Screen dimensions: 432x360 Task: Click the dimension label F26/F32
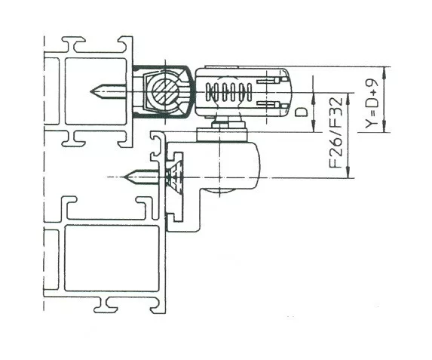coord(336,133)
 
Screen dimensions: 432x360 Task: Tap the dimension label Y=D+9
coord(372,103)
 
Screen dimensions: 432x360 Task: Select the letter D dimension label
coord(301,112)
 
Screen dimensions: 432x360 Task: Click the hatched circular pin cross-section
coord(165,91)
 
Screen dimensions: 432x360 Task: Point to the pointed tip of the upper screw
coord(91,91)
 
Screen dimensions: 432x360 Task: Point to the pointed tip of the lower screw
coord(124,177)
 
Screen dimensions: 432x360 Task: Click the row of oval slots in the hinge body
coord(228,92)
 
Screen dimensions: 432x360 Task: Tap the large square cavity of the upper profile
coord(96,91)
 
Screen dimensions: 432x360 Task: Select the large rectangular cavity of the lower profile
coord(112,258)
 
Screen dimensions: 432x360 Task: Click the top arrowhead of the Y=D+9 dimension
coord(385,71)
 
